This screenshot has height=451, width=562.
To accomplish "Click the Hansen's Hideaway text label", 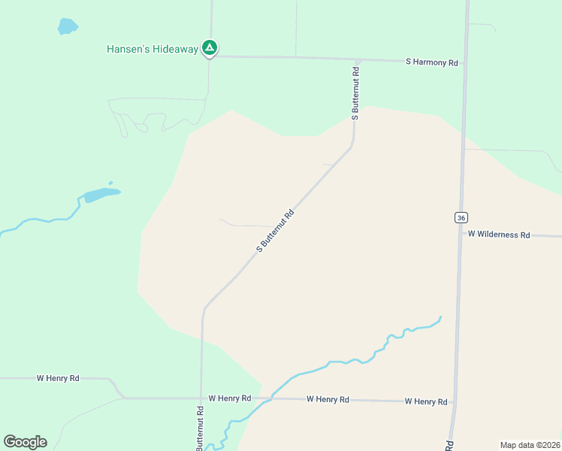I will point(153,49).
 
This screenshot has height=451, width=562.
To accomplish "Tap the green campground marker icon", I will point(210,48).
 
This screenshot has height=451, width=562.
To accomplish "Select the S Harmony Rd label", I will point(431,62).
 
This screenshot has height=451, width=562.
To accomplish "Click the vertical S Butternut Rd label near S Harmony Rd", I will point(355,92).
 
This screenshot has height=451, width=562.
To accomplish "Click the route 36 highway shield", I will point(461,217).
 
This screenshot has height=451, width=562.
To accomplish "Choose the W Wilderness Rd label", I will point(499,235).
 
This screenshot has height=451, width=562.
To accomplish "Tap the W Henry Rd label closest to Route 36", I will point(426,401).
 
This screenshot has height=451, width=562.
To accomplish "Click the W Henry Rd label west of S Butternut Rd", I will point(58,378).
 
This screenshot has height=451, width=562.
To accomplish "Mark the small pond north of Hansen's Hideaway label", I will point(68,26).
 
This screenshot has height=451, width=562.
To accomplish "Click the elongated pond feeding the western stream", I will point(101,195).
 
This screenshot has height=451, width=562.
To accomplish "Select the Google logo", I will point(25,441).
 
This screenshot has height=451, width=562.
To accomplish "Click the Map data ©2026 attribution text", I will point(530,445).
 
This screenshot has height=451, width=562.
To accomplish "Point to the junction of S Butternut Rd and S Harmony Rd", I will point(358,59).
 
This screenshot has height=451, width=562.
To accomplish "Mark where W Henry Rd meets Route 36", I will point(454,402).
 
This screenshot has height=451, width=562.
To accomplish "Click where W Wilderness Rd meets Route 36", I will point(461,234).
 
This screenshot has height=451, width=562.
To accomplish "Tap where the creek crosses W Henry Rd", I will point(268,398).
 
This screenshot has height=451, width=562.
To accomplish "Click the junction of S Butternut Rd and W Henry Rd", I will point(201,398).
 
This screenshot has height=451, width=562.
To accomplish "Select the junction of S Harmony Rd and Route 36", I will point(464,62).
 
